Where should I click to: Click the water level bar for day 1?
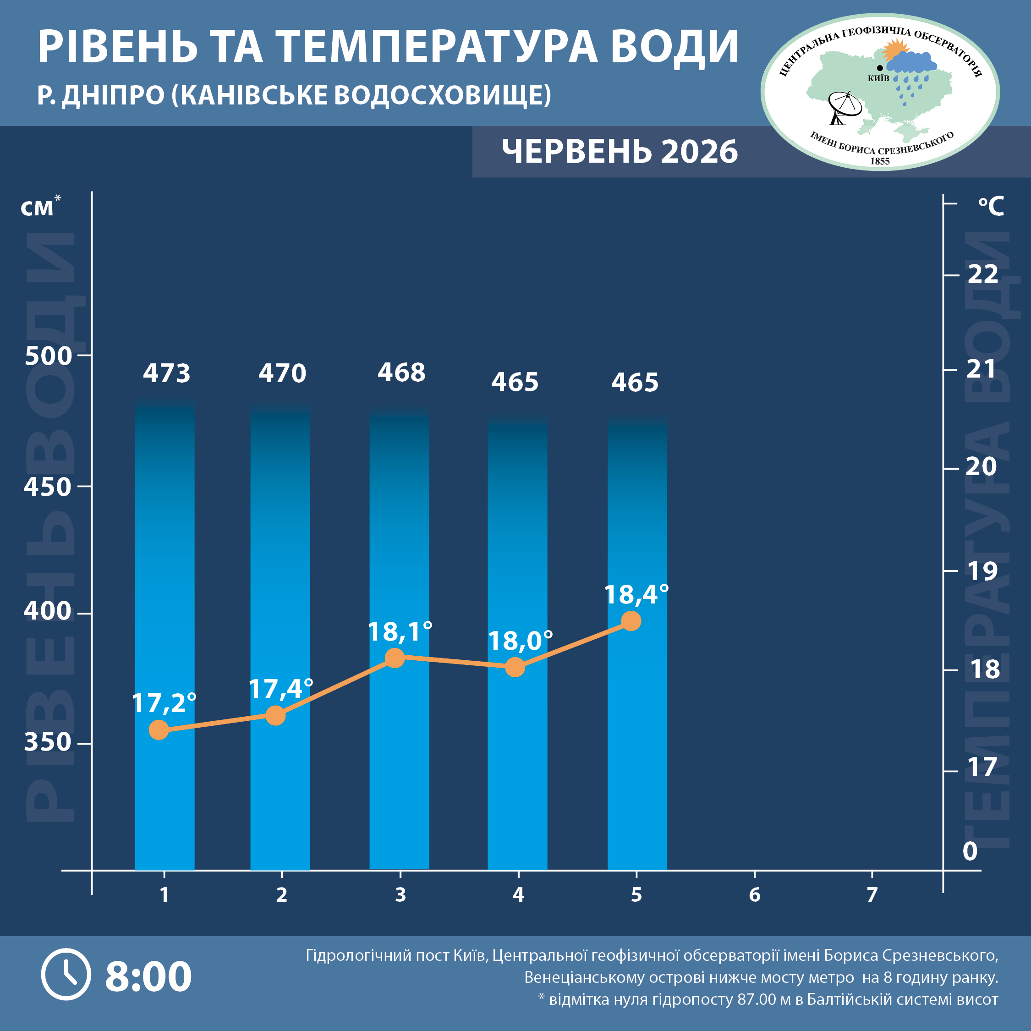pos(165,635)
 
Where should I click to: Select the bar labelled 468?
pos(399,637)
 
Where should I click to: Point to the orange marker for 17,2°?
pos(159,729)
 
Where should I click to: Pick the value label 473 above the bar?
pos(166,373)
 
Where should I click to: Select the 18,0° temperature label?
pos(520,641)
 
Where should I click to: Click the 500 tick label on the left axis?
pos(48,356)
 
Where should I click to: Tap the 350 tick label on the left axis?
pos(48,742)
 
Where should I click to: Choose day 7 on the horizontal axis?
pos(872,895)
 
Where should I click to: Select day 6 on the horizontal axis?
pos(754,895)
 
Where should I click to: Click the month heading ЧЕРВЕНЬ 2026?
pos(620,152)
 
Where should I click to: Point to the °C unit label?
pos(991,206)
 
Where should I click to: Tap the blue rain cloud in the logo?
pos(911,63)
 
